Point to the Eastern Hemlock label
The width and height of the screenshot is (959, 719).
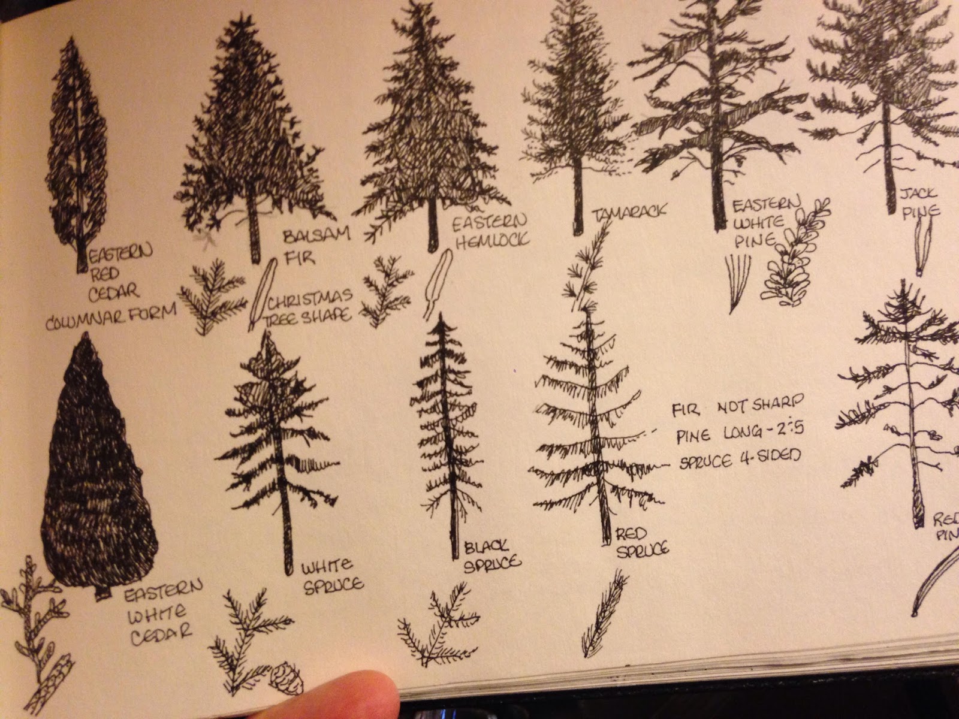coord(490,232)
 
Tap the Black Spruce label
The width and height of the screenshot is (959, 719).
coord(491,555)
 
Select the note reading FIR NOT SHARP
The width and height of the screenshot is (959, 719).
coord(738,409)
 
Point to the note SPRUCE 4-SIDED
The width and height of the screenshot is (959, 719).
coord(740,460)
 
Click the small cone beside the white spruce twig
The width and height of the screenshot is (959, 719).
coord(286,677)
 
